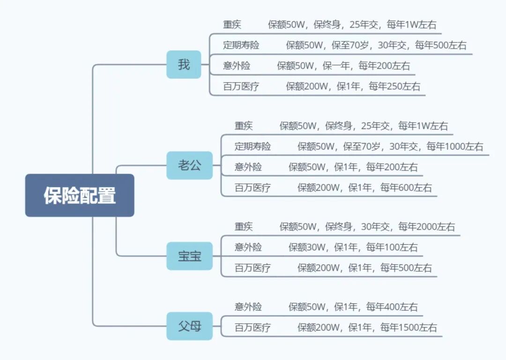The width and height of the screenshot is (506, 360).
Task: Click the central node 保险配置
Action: [x=80, y=195]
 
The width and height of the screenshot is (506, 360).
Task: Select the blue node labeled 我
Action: [x=184, y=65]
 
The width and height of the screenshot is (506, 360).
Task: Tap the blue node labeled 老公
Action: [x=189, y=165]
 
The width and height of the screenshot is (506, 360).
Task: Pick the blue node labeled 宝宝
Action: [x=189, y=256]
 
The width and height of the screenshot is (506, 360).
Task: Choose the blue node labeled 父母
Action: [x=189, y=326]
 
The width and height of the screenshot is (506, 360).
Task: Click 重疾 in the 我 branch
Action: [x=232, y=25]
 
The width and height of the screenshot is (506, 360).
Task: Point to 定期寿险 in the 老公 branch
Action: [x=253, y=146]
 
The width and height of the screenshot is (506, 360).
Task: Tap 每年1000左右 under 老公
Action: [x=454, y=146]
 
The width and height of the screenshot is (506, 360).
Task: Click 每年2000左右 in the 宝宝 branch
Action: [x=426, y=227]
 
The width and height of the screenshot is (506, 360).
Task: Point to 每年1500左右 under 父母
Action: [x=409, y=328]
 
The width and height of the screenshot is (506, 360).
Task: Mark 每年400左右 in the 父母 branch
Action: [x=392, y=307]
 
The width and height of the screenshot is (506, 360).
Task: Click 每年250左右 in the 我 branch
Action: [x=394, y=86]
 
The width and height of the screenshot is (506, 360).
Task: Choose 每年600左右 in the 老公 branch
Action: [x=406, y=188]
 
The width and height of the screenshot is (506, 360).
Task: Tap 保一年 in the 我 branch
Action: [x=336, y=66]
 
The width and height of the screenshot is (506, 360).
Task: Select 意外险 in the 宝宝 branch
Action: [x=248, y=247]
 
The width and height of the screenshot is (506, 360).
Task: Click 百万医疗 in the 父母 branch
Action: [x=253, y=328]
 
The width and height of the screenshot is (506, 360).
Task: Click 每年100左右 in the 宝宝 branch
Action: [x=392, y=247]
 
